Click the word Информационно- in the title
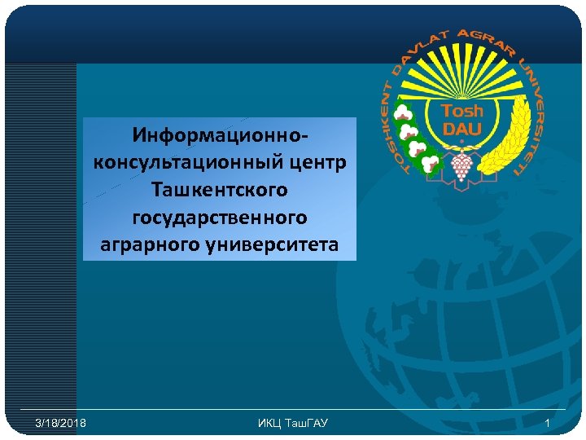tap(219, 133)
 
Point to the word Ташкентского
tap(219, 189)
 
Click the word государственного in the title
tap(219, 217)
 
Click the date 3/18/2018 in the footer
tap(61, 423)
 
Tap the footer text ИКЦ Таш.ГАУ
tap(292, 423)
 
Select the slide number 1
tap(548, 423)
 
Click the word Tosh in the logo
tap(461, 111)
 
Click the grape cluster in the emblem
tap(461, 165)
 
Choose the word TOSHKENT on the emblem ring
tap(393, 122)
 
